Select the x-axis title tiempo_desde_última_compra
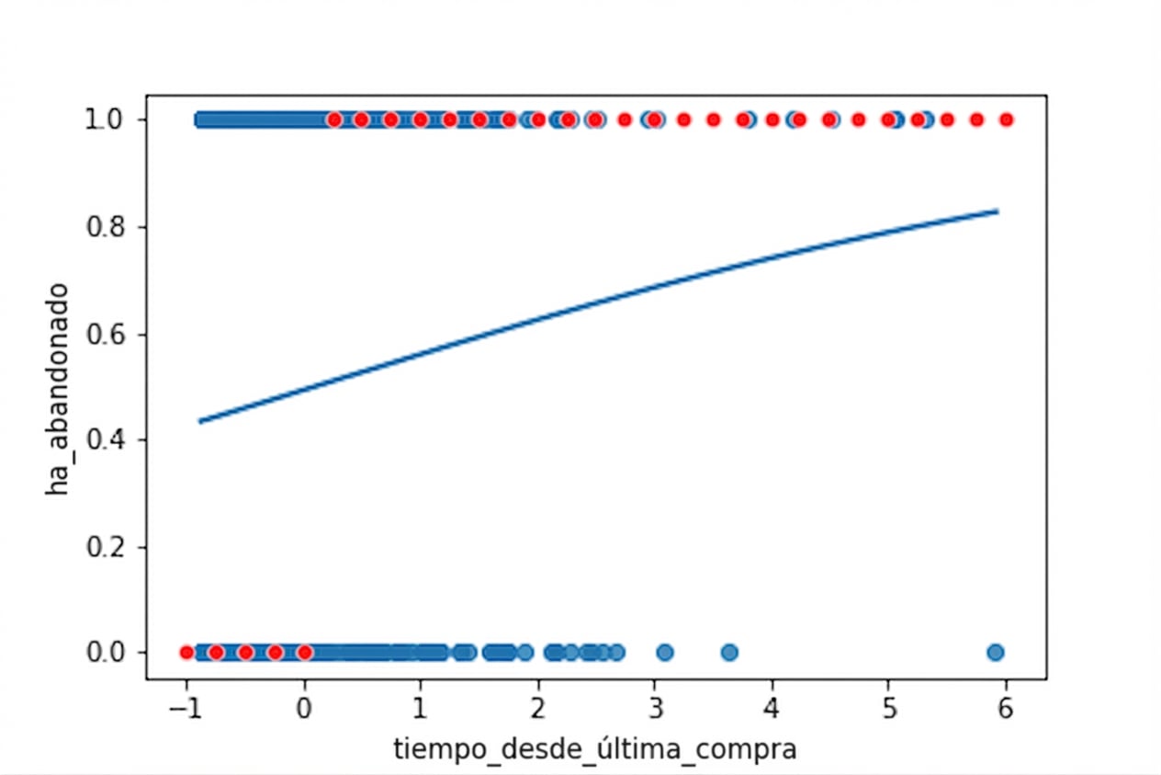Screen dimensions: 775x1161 [595, 750]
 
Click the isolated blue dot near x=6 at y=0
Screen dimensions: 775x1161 [995, 653]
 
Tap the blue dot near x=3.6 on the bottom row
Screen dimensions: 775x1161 [729, 653]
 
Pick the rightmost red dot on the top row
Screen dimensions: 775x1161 [1006, 120]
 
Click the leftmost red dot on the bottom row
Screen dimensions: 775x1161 [186, 653]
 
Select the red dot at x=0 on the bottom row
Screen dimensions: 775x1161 [304, 653]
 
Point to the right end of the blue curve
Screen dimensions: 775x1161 [998, 211]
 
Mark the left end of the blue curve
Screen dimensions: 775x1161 [199, 421]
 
